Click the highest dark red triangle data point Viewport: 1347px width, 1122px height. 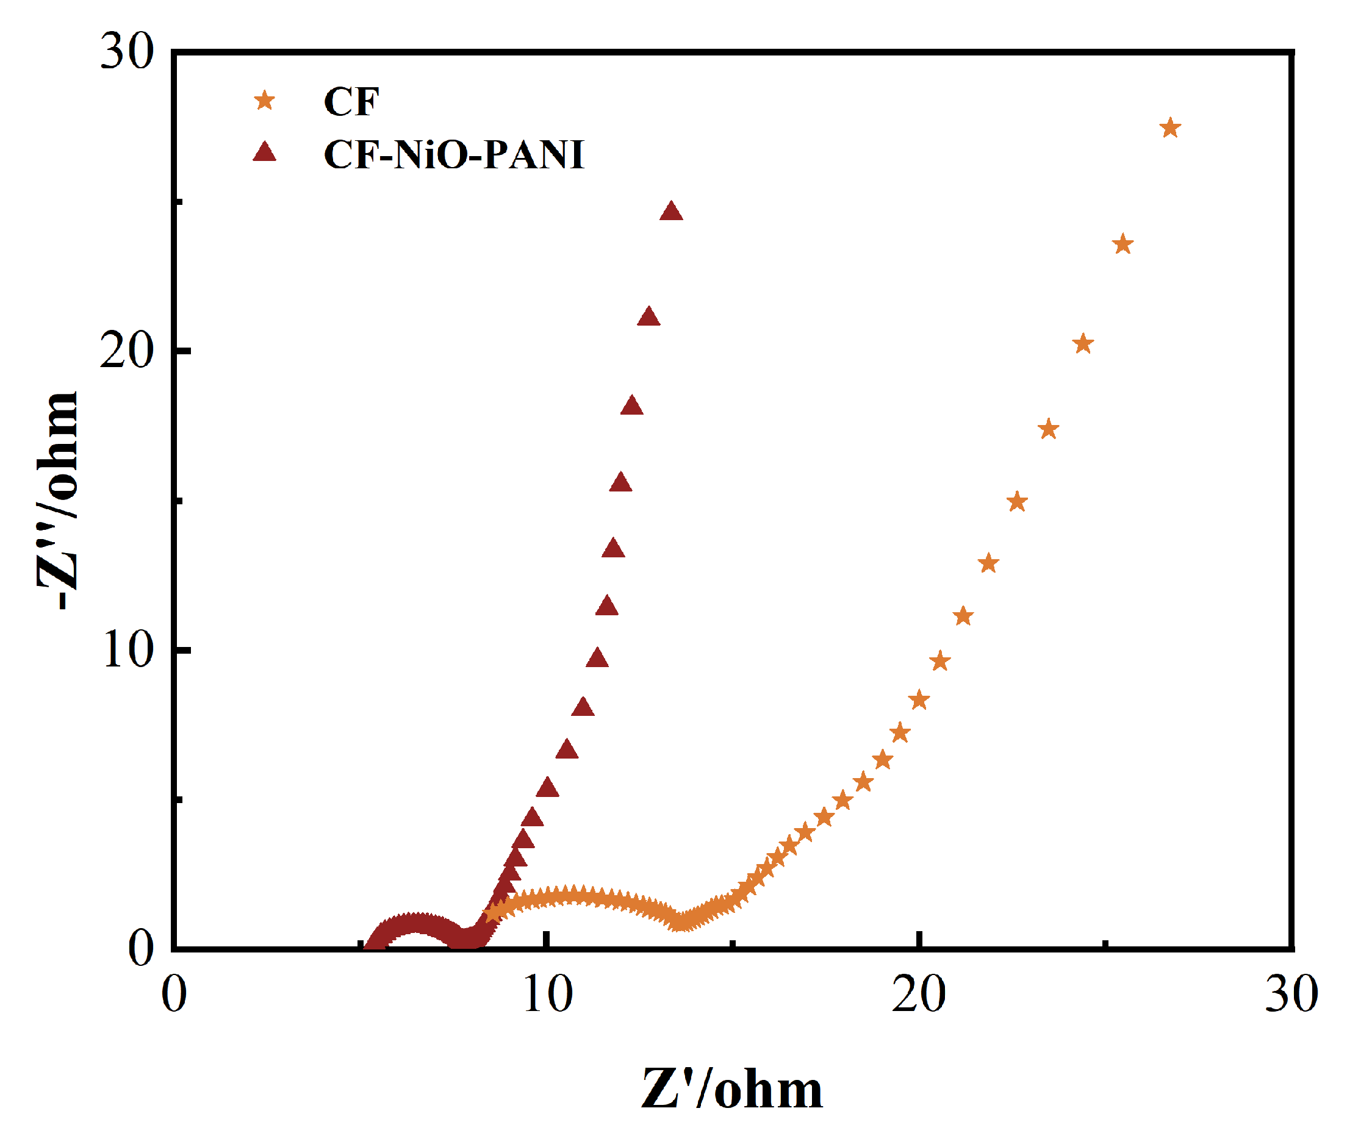(x=671, y=211)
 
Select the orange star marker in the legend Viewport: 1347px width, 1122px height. (x=264, y=101)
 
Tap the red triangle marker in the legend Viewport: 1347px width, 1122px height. (x=264, y=152)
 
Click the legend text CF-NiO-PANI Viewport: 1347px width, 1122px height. (x=453, y=154)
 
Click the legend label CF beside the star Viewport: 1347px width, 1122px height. (x=351, y=101)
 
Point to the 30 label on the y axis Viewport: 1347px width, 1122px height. (x=127, y=51)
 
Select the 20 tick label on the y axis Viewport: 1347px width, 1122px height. (x=127, y=351)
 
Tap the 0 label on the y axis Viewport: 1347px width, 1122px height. (x=140, y=948)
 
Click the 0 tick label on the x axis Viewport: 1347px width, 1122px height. (x=174, y=995)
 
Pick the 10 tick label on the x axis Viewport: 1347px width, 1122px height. (x=547, y=995)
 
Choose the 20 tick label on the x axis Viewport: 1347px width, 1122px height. (x=919, y=995)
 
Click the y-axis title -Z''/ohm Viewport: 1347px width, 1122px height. (x=58, y=500)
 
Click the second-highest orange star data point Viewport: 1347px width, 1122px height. (x=1122, y=245)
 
